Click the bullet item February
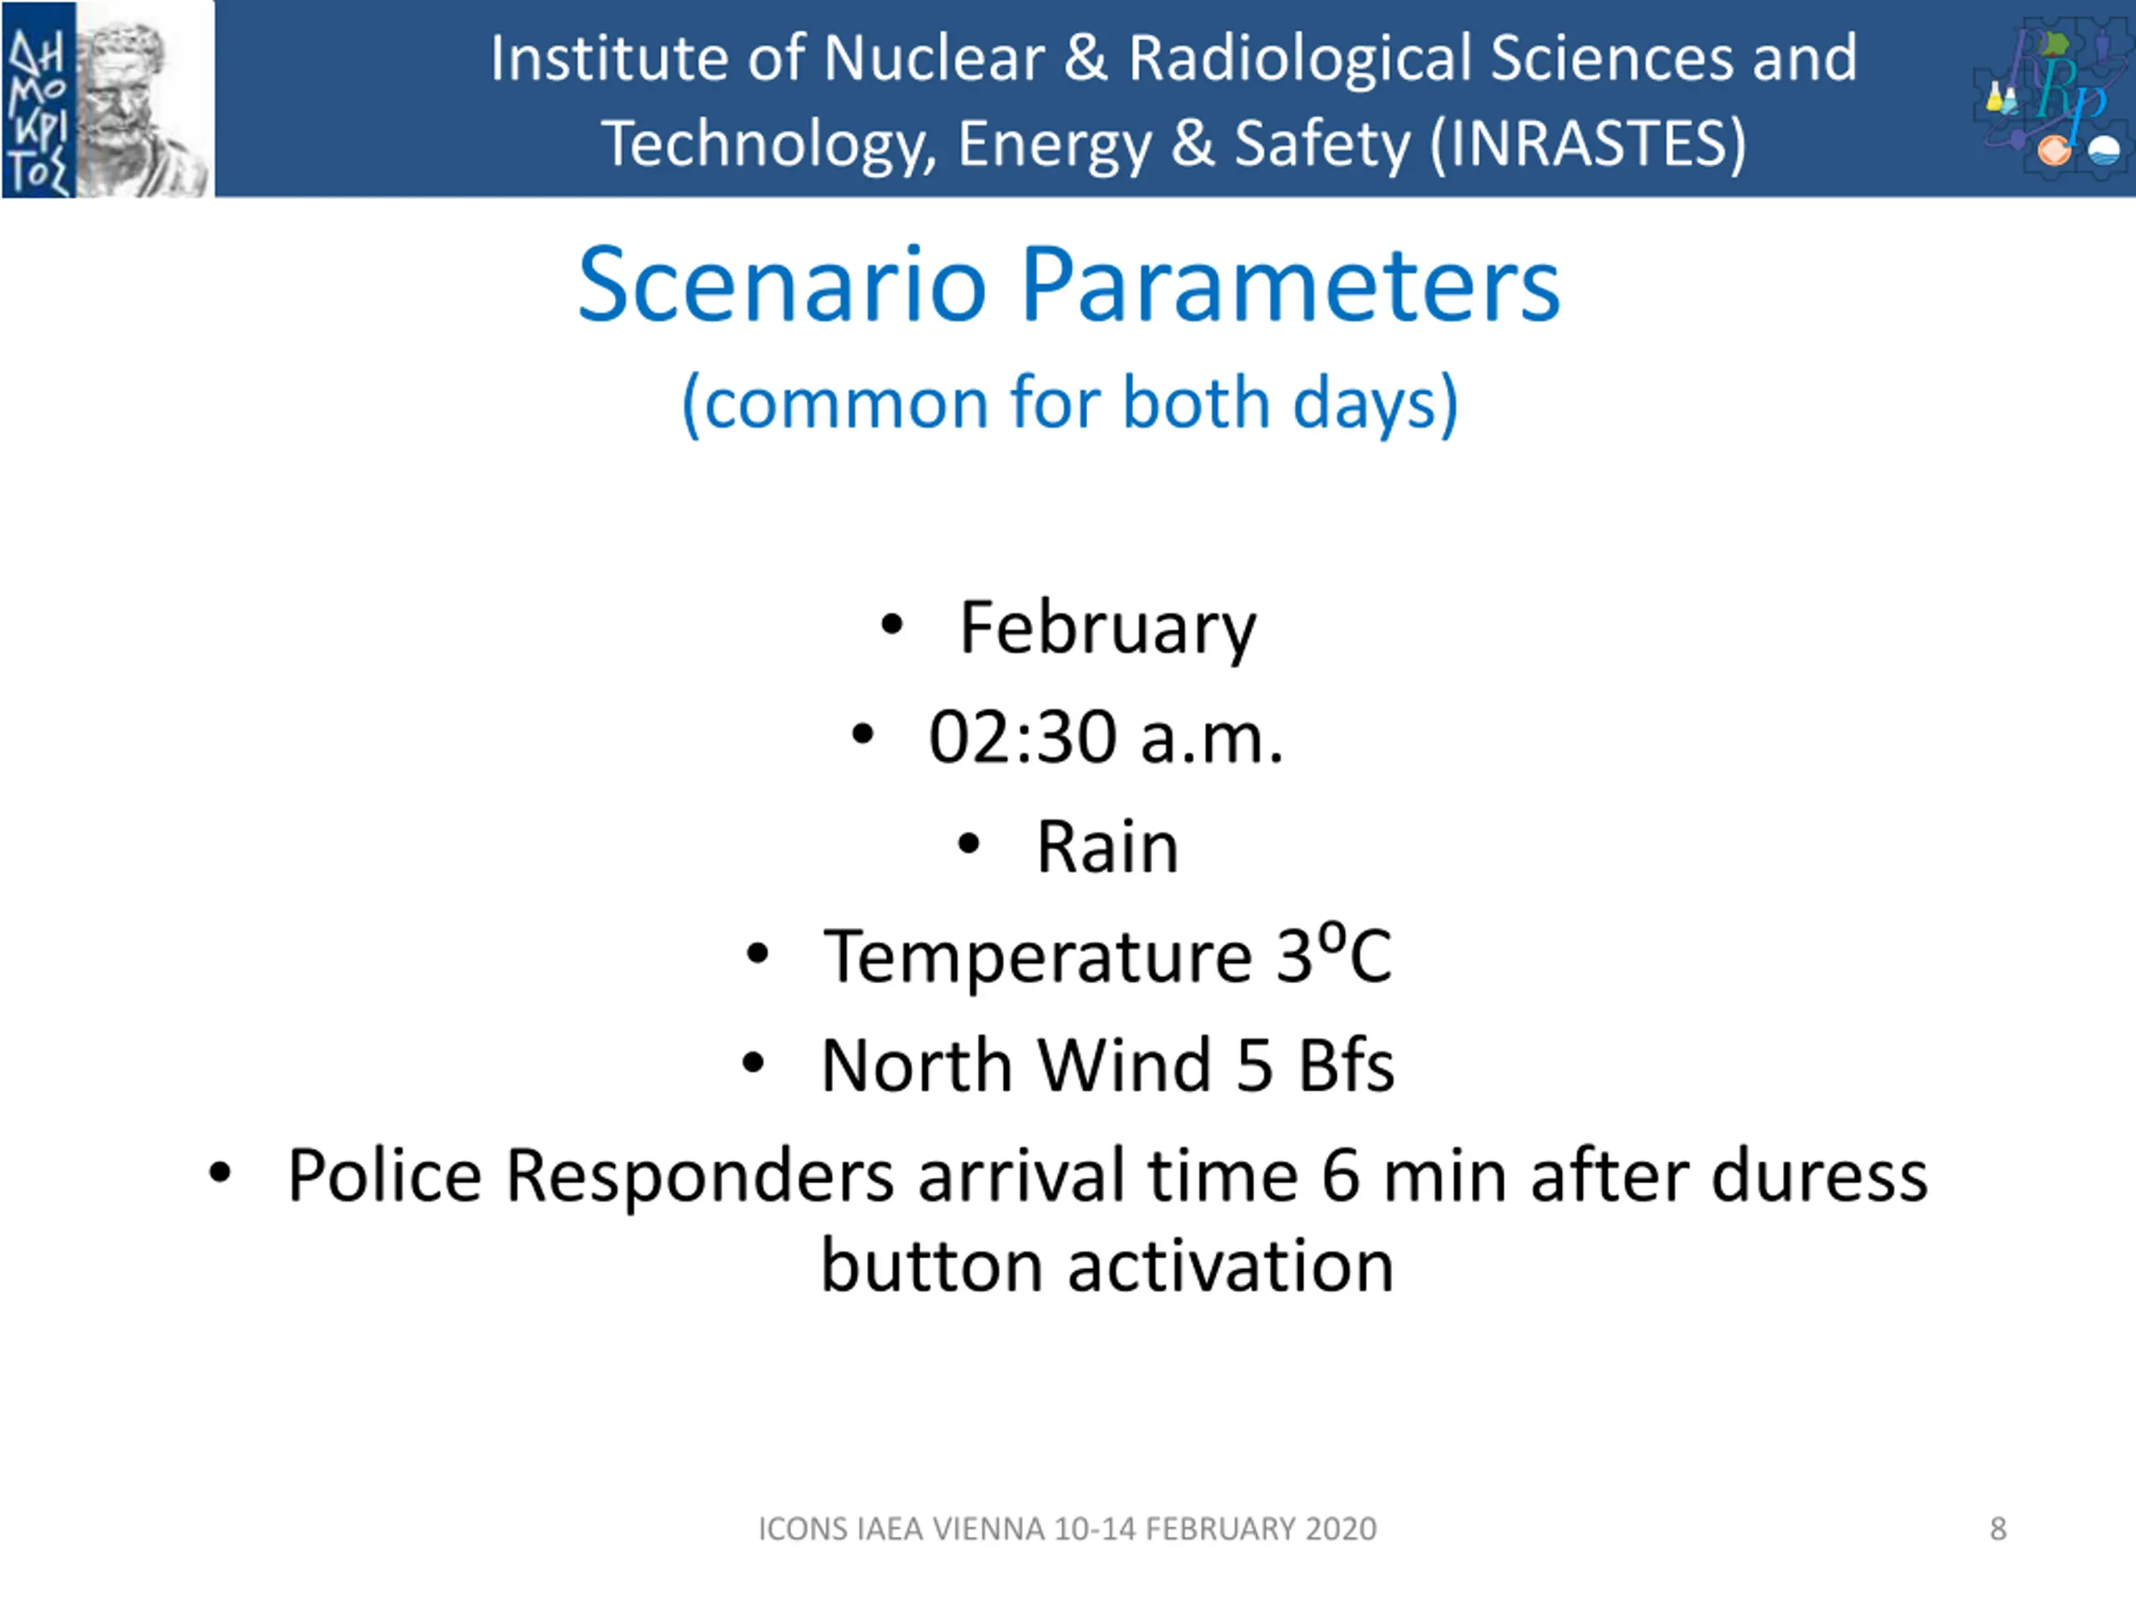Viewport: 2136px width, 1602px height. (x=1107, y=628)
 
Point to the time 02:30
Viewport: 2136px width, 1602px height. (x=1023, y=738)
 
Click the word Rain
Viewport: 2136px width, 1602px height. (x=1107, y=847)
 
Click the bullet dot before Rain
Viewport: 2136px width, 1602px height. (x=969, y=845)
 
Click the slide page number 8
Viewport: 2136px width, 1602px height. (x=1998, y=1529)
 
